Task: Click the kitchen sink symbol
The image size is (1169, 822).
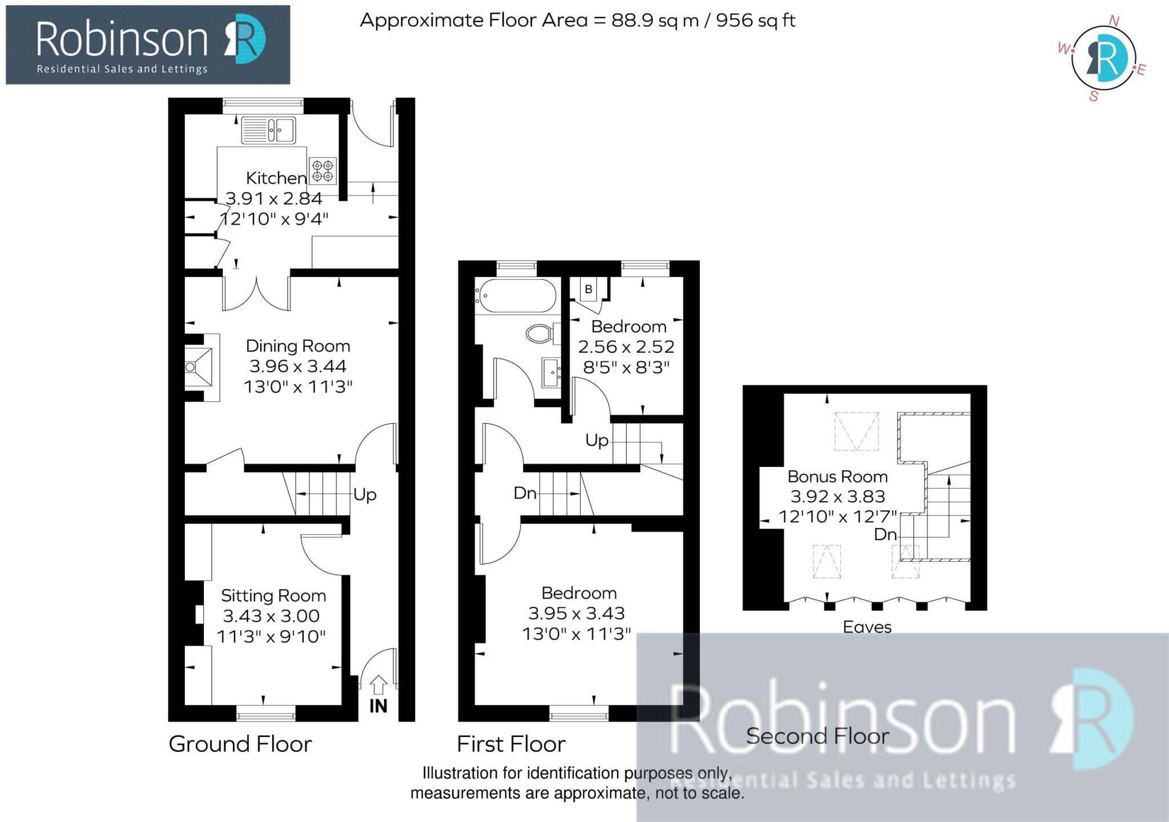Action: click(268, 130)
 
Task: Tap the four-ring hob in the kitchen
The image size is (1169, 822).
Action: click(323, 171)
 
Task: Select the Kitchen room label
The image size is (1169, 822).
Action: click(276, 178)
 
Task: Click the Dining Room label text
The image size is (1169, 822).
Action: click(297, 346)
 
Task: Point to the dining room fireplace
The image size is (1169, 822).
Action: click(200, 367)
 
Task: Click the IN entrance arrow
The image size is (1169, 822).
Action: click(378, 685)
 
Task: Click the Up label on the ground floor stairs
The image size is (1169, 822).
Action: click(365, 494)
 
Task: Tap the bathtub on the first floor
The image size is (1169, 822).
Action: click(516, 296)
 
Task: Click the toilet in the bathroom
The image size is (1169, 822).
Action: click(540, 333)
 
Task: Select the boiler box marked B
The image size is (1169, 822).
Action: click(588, 289)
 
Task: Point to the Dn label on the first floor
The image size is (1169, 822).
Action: click(525, 493)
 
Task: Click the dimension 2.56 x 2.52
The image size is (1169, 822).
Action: click(626, 346)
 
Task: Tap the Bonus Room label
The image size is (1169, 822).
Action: click(837, 477)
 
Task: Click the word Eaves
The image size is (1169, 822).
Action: click(867, 627)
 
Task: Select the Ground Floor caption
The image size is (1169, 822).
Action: click(240, 744)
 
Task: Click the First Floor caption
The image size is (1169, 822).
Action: click(511, 744)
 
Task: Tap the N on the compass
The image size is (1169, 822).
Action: click(1114, 21)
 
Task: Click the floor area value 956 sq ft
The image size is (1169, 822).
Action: click(755, 21)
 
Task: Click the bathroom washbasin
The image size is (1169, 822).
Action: click(551, 372)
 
